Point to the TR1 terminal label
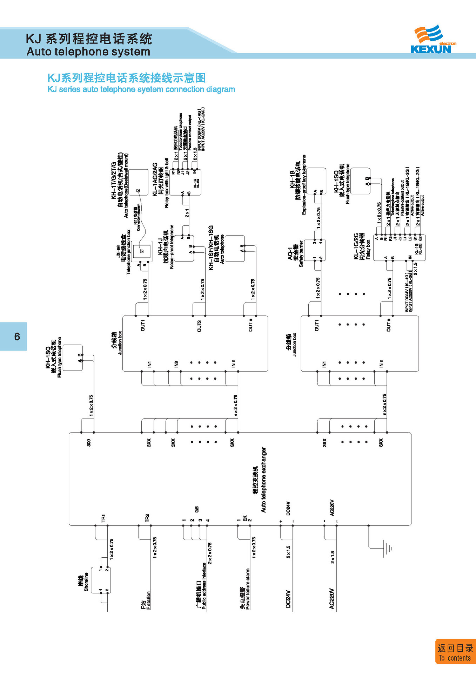pos(103,518)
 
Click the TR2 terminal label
pos(147,518)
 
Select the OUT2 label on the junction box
pos(199,326)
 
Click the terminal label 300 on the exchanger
pos(89,442)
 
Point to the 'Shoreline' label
pos(86,582)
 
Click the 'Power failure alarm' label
pos(248,589)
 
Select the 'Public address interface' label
pos(204,585)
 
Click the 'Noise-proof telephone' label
pos(172,246)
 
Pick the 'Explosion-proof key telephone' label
pos(304,185)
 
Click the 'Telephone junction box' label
pos(128,252)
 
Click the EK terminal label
pos(245,518)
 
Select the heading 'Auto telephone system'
pos(88,52)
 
